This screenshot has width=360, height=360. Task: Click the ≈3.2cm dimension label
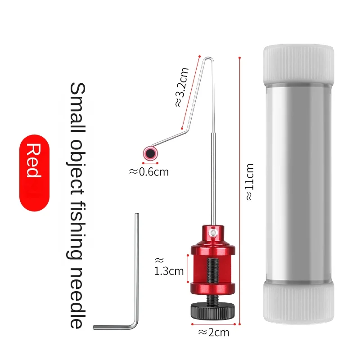click(182, 87)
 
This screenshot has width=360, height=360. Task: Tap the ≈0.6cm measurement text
click(149, 172)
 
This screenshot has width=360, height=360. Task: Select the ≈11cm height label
click(250, 182)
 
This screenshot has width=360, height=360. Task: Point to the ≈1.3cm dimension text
click(169, 266)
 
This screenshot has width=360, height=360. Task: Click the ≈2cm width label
click(214, 333)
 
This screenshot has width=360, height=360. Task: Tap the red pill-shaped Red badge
click(34, 173)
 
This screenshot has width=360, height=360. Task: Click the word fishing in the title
click(76, 231)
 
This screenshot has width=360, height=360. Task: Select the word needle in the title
click(77, 298)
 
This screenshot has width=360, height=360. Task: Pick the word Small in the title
click(77, 107)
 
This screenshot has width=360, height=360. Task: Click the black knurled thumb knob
click(212, 310)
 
